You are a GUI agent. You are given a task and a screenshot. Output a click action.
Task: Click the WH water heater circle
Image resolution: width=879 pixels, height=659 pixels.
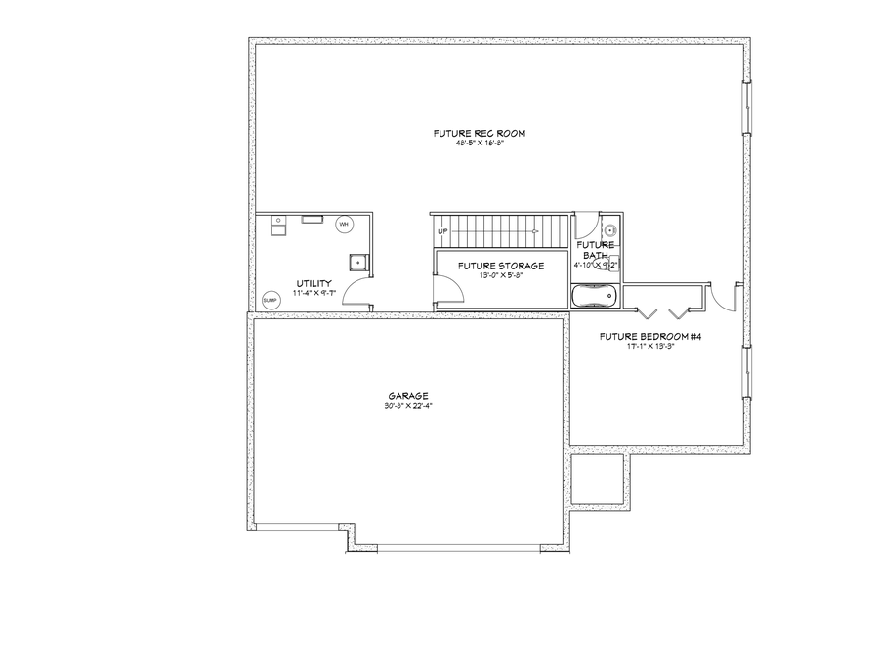click(344, 225)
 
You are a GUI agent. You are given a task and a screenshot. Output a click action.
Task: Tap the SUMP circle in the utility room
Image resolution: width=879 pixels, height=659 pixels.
click(270, 300)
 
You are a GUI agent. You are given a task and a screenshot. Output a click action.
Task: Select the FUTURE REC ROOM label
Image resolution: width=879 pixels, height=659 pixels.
click(473, 133)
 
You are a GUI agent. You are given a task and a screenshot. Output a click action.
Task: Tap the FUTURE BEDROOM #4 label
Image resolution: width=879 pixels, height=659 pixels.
click(650, 336)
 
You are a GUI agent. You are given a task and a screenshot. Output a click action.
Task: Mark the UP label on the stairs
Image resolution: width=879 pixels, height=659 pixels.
click(442, 231)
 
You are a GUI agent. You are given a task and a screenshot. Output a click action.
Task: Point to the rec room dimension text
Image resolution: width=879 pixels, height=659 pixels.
click(473, 143)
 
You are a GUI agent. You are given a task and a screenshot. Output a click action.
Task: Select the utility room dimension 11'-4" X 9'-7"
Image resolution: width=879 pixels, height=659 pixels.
click(315, 292)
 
